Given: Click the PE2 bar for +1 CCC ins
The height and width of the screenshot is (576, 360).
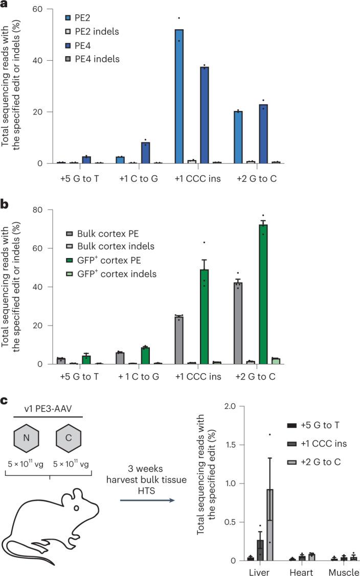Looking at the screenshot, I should click(179, 97).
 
